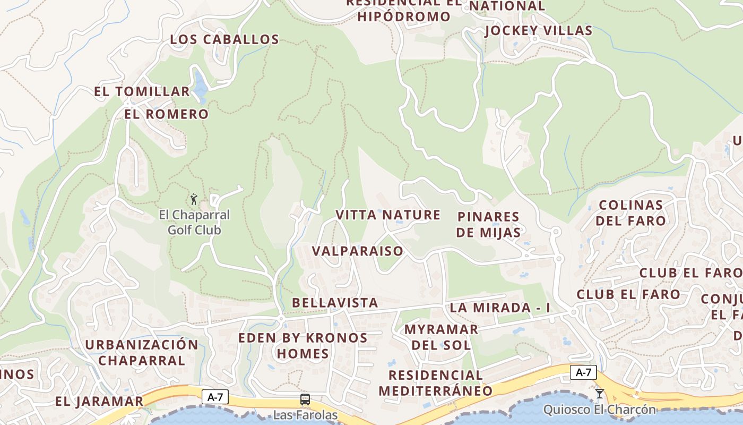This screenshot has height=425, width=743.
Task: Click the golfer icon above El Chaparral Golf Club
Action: click(x=194, y=200)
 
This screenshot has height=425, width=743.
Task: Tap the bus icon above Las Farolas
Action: click(x=305, y=399)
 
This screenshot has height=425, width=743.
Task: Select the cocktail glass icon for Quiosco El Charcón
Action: click(x=600, y=394)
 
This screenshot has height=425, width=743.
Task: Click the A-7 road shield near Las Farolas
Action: click(x=215, y=396)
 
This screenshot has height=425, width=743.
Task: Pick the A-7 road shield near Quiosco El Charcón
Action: click(x=583, y=372)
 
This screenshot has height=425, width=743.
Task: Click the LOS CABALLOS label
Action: click(x=224, y=40)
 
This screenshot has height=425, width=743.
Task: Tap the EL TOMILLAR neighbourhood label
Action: click(x=142, y=92)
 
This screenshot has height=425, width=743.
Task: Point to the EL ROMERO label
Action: click(x=167, y=114)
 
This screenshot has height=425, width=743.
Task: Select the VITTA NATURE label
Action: click(x=388, y=215)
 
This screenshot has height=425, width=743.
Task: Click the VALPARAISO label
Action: click(x=357, y=251)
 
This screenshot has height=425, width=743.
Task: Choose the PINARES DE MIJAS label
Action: click(x=488, y=224)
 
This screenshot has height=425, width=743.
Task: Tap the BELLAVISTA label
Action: click(x=335, y=303)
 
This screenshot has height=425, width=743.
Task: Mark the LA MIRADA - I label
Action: click(x=500, y=308)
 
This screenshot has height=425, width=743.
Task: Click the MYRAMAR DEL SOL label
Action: click(x=441, y=337)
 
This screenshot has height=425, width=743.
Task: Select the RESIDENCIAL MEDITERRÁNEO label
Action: click(x=435, y=382)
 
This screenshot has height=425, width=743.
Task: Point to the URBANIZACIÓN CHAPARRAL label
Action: click(x=142, y=352)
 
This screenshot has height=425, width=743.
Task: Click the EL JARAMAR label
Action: click(x=99, y=401)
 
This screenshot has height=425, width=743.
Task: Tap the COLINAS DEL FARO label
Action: click(x=630, y=212)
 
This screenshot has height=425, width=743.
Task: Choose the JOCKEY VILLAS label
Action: click(x=538, y=31)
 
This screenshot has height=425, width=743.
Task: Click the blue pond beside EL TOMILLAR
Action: click(x=200, y=87)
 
